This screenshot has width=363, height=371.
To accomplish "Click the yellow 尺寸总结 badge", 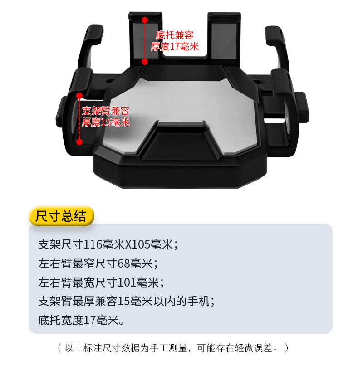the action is pos(61,216).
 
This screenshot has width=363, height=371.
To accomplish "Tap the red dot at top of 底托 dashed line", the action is pos(145,20).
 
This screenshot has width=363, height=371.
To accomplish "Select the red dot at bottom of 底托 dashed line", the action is pos(145,62).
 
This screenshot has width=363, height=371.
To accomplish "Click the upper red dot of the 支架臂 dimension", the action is pos(79,96).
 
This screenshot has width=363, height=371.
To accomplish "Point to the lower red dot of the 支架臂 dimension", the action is pos(79,142).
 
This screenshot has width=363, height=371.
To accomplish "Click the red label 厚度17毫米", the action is pos(175,46).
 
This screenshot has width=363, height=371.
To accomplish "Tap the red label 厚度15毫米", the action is pos(106,122).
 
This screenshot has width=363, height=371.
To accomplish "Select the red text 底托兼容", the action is pos(175,35).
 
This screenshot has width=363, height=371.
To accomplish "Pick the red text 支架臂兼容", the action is pos(106,111).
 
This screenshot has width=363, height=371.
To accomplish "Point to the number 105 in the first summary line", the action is pos(142,244).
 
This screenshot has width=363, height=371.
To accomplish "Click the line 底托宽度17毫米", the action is pos(81,320).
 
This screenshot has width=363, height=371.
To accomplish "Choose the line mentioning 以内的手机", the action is pos(127,301).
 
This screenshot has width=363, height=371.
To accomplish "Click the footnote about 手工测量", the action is pos(173,348).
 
